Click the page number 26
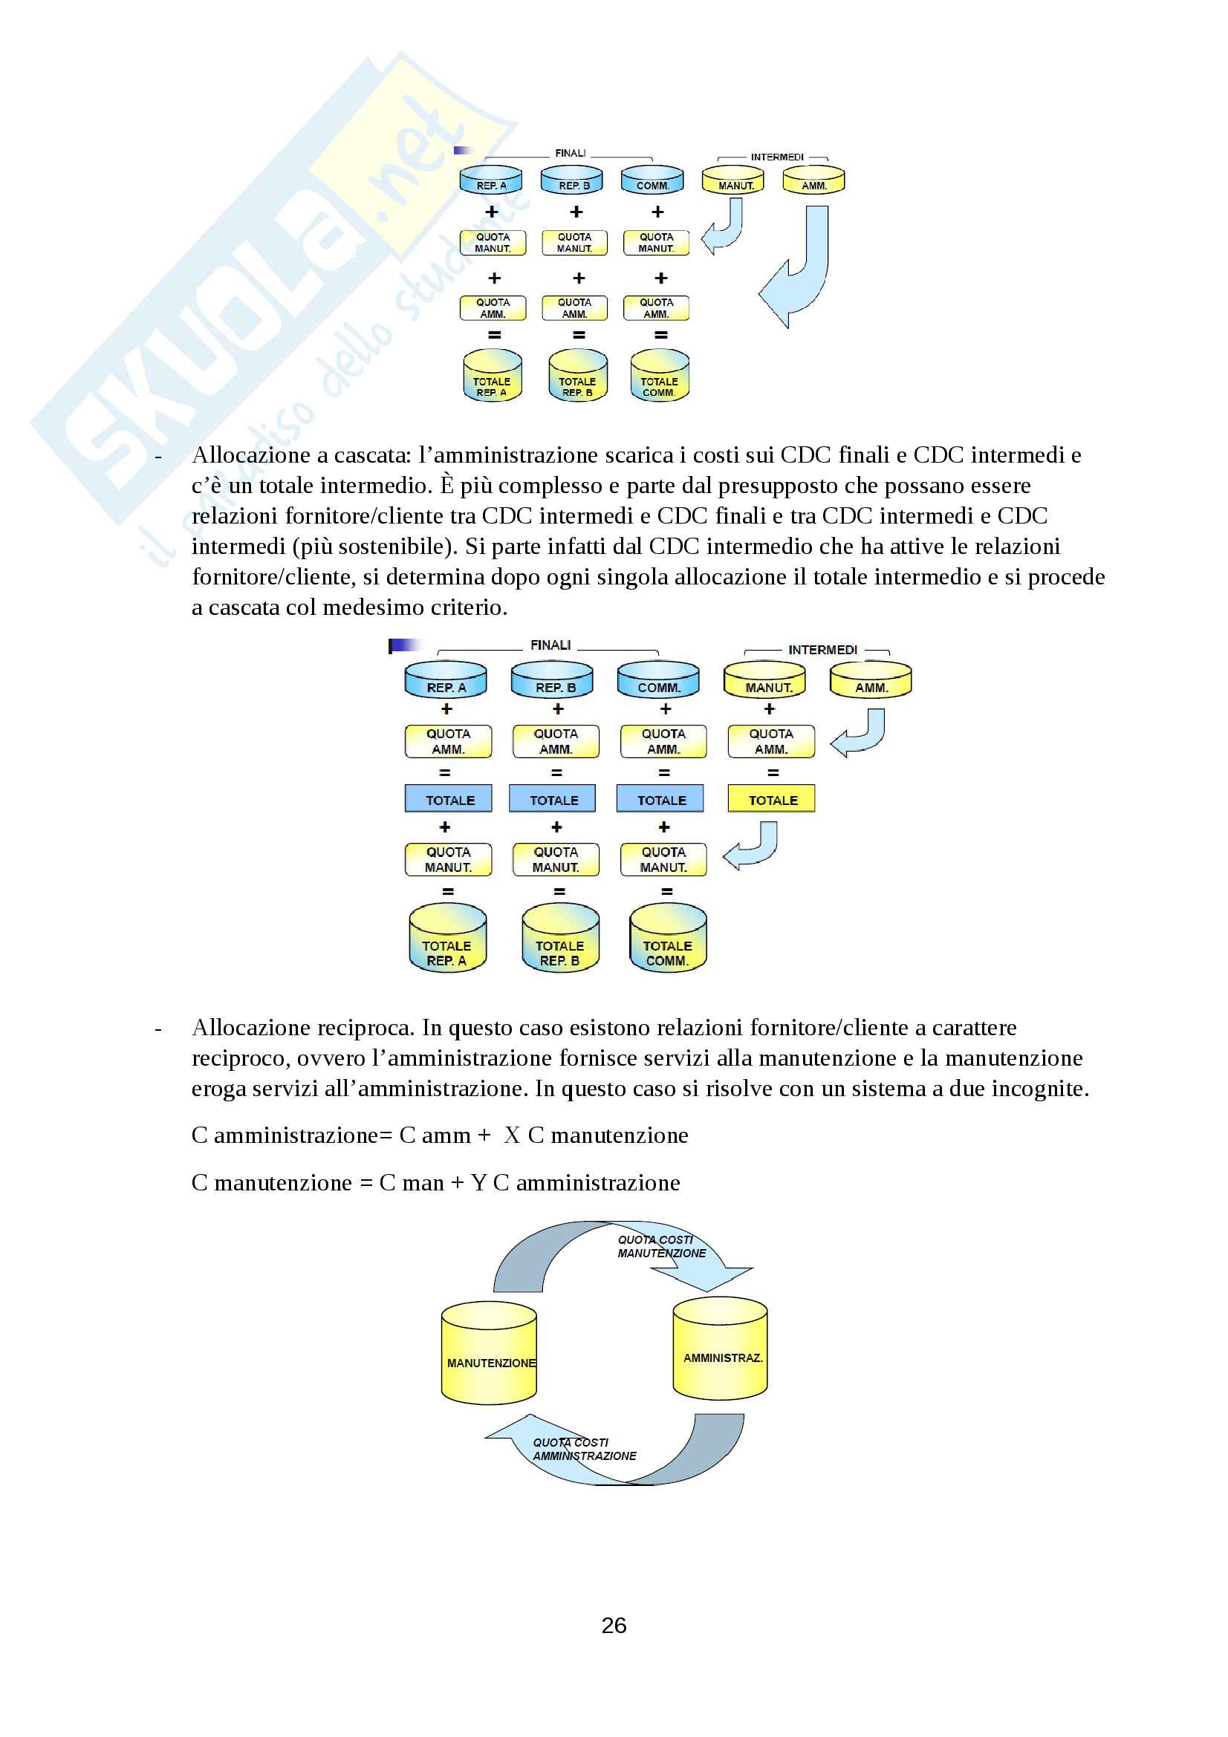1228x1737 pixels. pos(614,1625)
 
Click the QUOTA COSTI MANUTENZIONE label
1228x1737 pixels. pos(660,1247)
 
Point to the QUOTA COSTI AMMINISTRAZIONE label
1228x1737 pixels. pos(584,1450)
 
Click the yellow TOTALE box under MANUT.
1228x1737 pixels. pos(771,800)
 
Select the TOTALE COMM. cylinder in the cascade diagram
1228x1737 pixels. pos(667,938)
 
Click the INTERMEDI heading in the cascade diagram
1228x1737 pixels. pos(822,650)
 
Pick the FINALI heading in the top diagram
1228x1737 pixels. pos(571,153)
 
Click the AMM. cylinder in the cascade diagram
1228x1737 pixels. pos(870,680)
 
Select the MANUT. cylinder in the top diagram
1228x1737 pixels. pos(733,180)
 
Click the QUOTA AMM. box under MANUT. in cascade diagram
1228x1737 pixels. pos(771,741)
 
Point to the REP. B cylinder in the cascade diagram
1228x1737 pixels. pos(552,680)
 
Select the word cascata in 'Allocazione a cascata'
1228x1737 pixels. pos(371,455)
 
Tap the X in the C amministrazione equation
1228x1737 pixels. pos(513,1135)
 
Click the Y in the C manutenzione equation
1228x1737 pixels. pos(478,1183)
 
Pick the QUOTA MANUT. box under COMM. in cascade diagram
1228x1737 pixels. pos(663,859)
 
